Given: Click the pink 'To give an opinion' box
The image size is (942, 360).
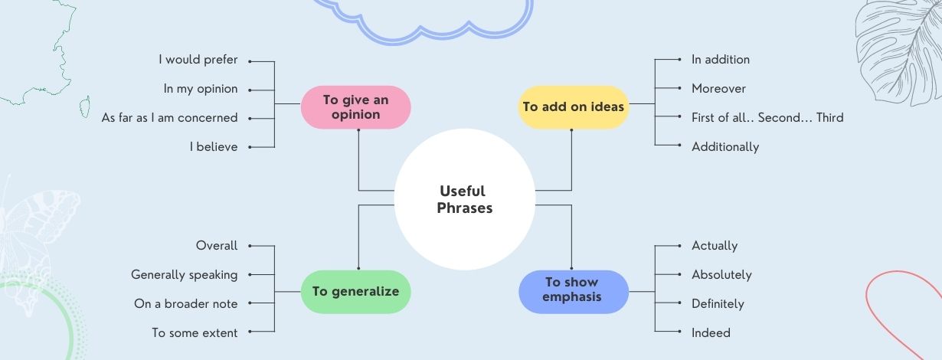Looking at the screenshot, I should tap(355, 107).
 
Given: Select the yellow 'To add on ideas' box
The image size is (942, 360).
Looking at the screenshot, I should tap(574, 107).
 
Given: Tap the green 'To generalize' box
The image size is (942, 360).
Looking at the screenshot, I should tap(355, 292).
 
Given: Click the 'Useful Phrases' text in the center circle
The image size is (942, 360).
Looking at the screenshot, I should tap(464, 199).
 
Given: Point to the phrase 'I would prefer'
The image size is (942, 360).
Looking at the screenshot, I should tap(198, 60).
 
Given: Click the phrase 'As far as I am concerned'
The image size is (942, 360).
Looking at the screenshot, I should tap(169, 118).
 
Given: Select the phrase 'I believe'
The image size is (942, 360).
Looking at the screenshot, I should tap(214, 147).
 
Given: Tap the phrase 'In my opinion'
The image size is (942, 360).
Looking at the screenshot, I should tap(201, 89).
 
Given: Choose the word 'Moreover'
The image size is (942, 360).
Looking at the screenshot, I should tap(718, 89).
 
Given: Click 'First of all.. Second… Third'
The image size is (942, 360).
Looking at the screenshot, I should tap(767, 118).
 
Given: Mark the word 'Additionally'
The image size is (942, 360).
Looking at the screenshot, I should tap(725, 147).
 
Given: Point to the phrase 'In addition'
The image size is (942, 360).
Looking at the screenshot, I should tap(721, 60).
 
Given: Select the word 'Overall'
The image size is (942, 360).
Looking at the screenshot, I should tap(217, 246).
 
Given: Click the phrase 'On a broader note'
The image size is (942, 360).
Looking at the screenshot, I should tap(185, 304).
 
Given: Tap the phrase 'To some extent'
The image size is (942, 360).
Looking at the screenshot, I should tap(195, 333).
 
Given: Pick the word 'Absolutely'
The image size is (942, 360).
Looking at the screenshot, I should tap(721, 275).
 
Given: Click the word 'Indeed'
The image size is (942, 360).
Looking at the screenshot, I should tap(711, 333).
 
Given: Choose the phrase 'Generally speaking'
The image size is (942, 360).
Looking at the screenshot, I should tap(184, 275).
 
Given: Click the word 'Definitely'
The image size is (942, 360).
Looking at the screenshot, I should tap(718, 304).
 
